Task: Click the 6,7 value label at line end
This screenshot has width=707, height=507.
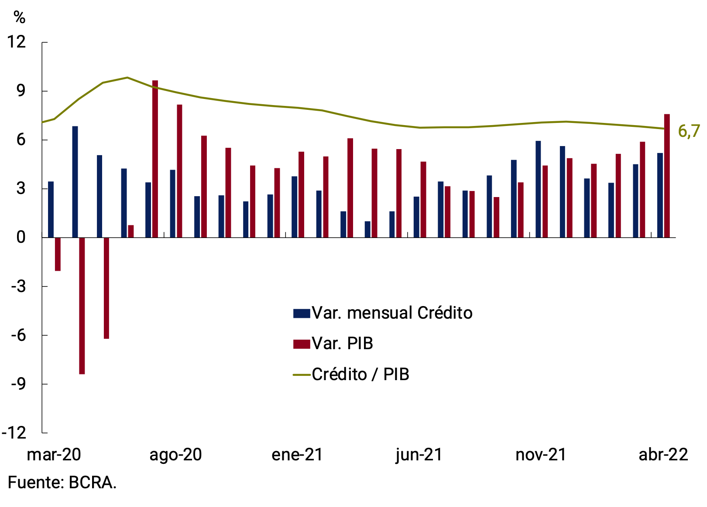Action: tap(689, 131)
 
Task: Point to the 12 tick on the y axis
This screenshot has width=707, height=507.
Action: tap(17, 42)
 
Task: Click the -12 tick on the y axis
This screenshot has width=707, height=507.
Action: tap(14, 432)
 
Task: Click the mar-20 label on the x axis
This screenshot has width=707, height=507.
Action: tap(54, 455)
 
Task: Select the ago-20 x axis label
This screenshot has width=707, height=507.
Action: tap(175, 455)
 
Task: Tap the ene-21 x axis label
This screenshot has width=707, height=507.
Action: tap(297, 455)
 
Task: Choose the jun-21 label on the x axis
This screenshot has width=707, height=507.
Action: tap(419, 455)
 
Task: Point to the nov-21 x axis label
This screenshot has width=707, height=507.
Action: tap(541, 455)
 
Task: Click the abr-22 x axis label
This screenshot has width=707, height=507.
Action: tap(663, 455)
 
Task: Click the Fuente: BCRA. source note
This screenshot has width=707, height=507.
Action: tap(62, 483)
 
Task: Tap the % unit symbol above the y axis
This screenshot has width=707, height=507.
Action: tap(19, 17)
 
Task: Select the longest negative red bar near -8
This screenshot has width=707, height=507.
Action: tap(82, 305)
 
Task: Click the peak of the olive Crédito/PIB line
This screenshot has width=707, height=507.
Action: tap(127, 78)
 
